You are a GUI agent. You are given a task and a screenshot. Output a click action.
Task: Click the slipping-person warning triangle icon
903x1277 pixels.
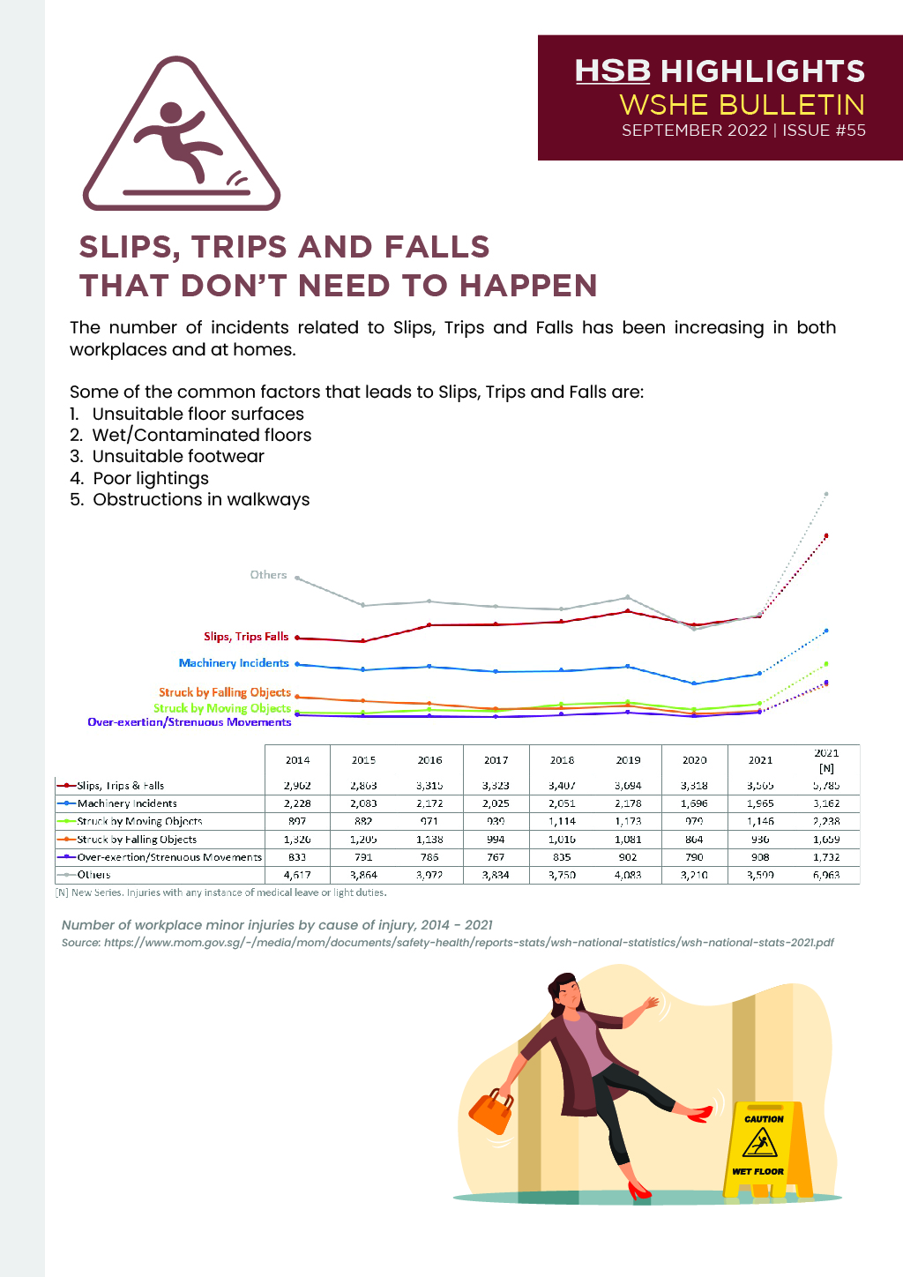[x=181, y=137]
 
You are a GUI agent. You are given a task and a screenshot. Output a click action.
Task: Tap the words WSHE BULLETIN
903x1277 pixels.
[x=742, y=105]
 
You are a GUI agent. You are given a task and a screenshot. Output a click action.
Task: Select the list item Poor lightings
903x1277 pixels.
[x=151, y=478]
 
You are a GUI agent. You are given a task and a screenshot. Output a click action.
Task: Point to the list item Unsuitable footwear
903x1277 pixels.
[x=178, y=456]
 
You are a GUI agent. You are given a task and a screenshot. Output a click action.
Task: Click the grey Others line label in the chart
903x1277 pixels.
[x=268, y=575]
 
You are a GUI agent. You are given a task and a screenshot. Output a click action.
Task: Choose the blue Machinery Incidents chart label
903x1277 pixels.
[x=234, y=663]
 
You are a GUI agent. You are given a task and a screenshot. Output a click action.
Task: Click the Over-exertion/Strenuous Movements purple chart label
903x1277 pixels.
[x=189, y=722]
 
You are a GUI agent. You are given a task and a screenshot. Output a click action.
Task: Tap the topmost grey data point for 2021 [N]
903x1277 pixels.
[x=826, y=494]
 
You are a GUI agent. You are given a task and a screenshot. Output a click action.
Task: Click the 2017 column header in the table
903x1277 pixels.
[x=496, y=760]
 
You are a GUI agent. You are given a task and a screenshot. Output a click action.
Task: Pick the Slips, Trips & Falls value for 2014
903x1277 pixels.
[x=297, y=786]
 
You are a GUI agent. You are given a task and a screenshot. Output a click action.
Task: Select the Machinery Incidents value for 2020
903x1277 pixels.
[x=694, y=803]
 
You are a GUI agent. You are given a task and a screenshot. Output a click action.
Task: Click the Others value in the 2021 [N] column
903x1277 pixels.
[x=826, y=876]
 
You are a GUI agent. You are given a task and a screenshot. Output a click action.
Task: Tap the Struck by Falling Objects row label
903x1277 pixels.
[x=137, y=840]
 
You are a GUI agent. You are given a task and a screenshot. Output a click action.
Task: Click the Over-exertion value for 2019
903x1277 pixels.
[x=628, y=857]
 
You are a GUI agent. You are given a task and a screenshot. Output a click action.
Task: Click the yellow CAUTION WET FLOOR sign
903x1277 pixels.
[x=764, y=1147]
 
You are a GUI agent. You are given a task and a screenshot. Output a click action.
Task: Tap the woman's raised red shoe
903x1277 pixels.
[x=700, y=1115]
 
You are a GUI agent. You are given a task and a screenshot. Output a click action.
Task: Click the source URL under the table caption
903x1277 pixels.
[x=468, y=943]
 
